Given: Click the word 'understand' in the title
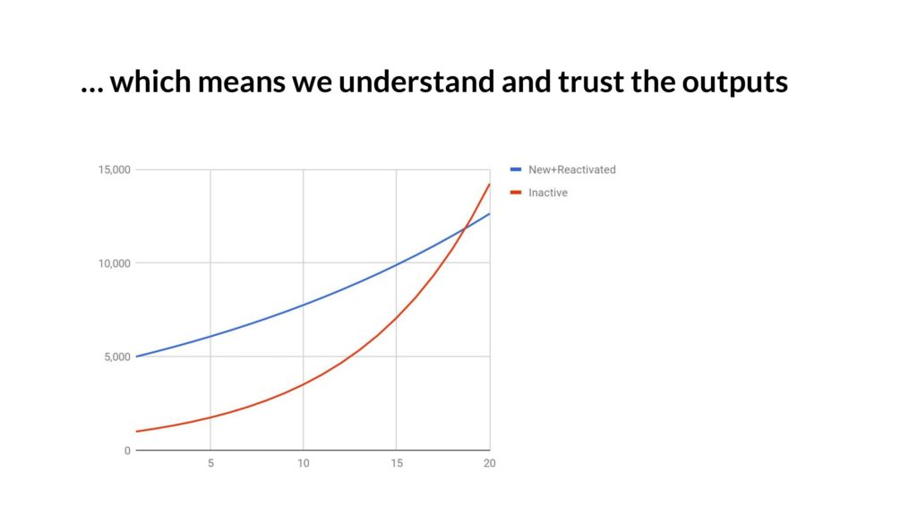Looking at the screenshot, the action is tap(416, 81).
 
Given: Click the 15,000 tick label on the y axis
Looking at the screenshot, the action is tap(114, 169).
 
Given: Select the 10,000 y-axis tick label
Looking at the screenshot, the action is tap(114, 263).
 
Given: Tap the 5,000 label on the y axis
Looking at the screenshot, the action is tap(117, 357).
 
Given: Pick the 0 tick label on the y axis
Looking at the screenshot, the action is tap(127, 451).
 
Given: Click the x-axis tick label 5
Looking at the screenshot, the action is tap(210, 463).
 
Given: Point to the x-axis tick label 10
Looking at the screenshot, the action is tap(303, 463).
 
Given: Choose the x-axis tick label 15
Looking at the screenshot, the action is tap(397, 463).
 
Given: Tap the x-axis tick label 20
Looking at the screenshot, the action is tap(490, 463).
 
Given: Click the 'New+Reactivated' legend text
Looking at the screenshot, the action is tap(572, 169).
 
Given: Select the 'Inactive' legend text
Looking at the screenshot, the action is tap(548, 193).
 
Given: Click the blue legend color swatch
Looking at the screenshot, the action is tap(516, 169).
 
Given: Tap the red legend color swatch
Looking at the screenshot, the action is tap(516, 193).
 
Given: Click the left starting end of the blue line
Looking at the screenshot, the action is tap(136, 357).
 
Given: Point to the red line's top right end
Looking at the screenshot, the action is tap(490, 185).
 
